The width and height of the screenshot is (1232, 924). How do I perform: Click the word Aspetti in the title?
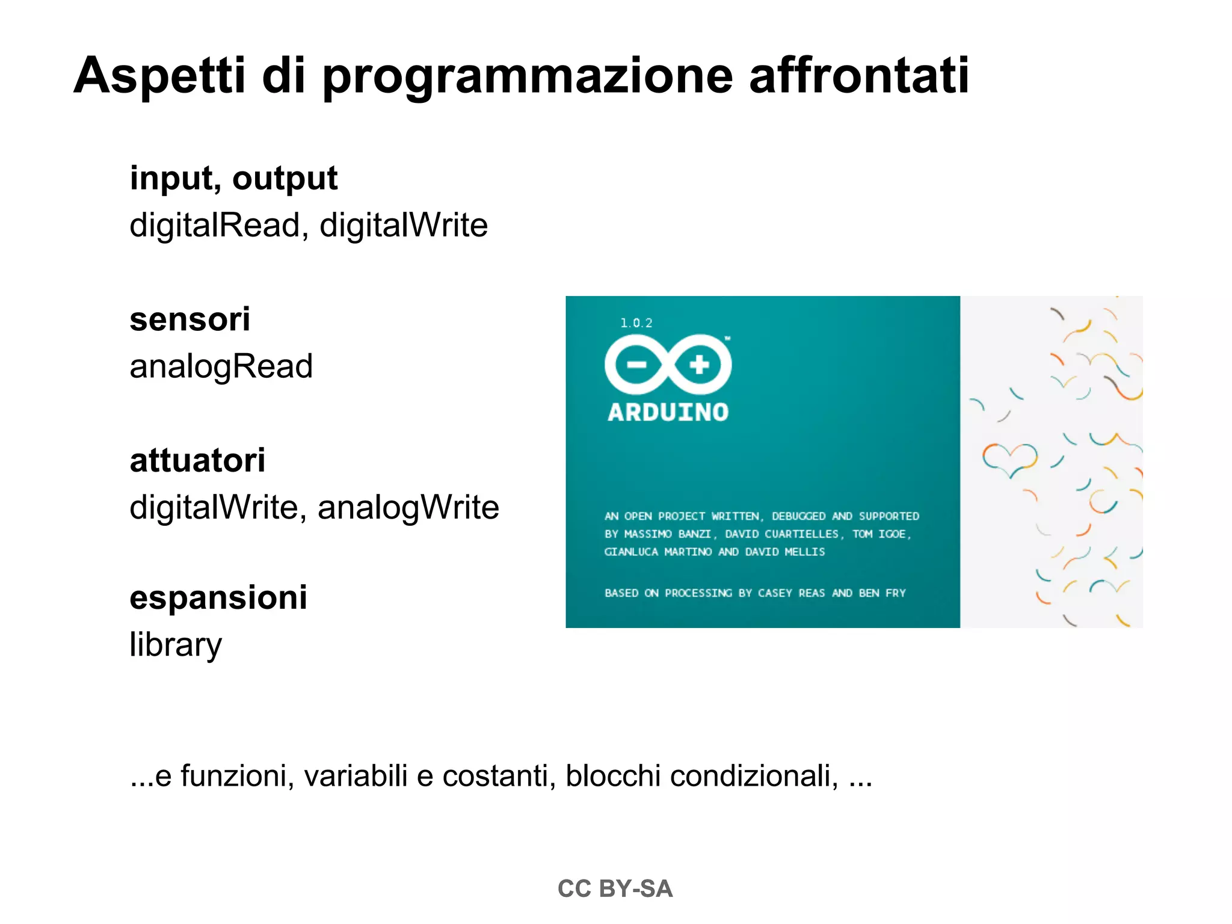click(x=159, y=76)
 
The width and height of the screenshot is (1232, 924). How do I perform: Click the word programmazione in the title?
click(x=528, y=77)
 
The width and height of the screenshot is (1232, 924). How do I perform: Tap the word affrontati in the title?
click(x=859, y=76)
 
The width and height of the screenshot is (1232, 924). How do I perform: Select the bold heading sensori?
click(x=189, y=319)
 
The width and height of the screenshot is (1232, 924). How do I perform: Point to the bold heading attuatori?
click(x=197, y=460)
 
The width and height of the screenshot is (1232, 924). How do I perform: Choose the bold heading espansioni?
click(x=218, y=597)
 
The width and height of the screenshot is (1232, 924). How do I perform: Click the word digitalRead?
click(x=215, y=225)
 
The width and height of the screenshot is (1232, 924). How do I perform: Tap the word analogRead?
click(x=221, y=366)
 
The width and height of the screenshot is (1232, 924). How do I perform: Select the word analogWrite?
click(x=408, y=508)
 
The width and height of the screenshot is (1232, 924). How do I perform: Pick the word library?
click(x=176, y=645)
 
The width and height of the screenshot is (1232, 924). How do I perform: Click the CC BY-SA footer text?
click(x=615, y=889)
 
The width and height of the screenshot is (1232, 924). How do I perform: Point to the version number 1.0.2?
click(x=636, y=323)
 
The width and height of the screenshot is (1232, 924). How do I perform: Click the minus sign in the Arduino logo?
click(x=636, y=365)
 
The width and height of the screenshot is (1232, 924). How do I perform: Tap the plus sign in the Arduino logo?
click(x=699, y=365)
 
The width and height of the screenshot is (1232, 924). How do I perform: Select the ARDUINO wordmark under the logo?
click(x=668, y=413)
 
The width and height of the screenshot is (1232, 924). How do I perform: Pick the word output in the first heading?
click(x=285, y=178)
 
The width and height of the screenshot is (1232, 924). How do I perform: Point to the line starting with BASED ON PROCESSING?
click(x=755, y=593)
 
